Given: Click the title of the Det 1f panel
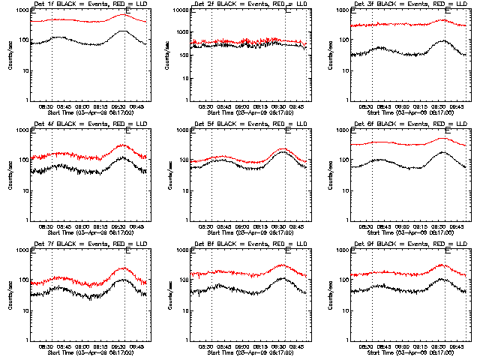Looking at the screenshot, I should click(x=82, y=4).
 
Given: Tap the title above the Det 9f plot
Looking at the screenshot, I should click(x=401, y=244).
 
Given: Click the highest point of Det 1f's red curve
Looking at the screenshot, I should click(x=124, y=15).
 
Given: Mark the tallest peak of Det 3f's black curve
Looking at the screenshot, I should click(x=443, y=40).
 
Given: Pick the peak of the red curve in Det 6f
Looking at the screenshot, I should click(x=442, y=138).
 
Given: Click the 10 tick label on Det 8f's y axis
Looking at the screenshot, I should click(x=186, y=312).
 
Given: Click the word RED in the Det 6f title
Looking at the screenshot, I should click(x=430, y=124).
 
